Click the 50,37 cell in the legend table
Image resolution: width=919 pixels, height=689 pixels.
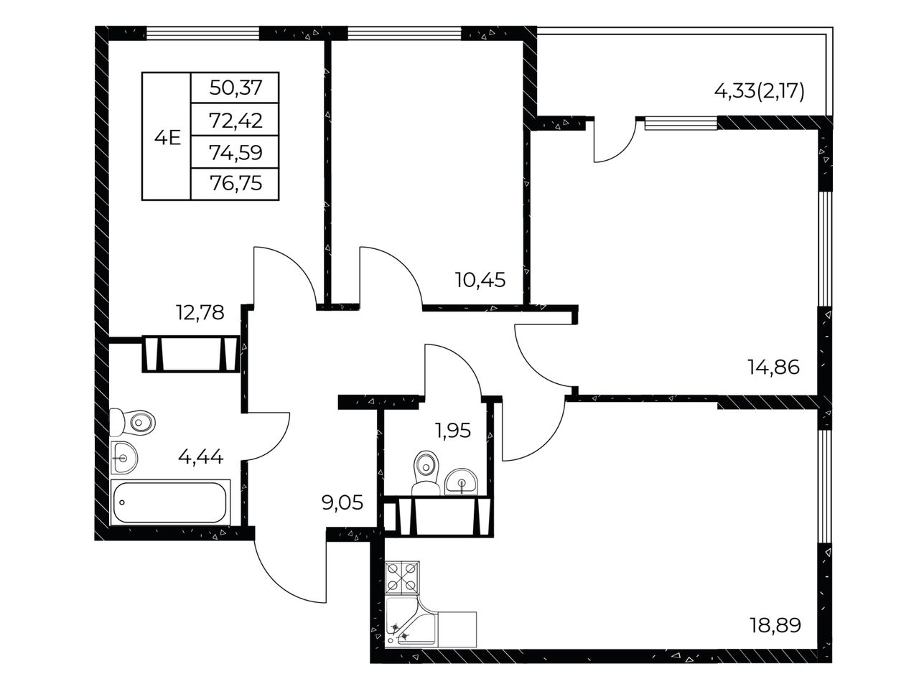point(235,88)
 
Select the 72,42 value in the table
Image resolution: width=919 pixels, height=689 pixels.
point(235,121)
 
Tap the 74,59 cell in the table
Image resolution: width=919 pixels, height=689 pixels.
point(235,152)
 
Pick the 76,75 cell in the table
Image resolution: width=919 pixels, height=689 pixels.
point(235,183)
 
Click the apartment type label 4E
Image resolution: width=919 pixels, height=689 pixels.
point(167,137)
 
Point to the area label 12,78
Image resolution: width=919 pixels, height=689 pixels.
point(200,312)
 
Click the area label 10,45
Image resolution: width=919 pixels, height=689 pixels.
point(480,280)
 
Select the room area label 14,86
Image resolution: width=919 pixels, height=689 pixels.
point(773,367)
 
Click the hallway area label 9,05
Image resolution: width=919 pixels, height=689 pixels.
point(342,502)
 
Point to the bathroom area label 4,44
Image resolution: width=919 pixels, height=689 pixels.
point(200,457)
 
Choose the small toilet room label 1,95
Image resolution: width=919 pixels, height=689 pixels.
point(453,431)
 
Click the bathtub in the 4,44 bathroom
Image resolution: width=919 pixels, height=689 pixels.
point(170,502)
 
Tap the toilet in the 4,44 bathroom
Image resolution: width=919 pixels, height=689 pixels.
point(132,423)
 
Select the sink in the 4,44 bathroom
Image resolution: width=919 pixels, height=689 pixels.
point(124,458)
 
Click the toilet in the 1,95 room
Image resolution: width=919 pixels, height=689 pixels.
point(426,473)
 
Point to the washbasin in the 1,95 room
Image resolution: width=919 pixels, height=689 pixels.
point(461,482)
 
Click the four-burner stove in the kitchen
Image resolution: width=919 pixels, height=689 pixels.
point(402,578)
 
